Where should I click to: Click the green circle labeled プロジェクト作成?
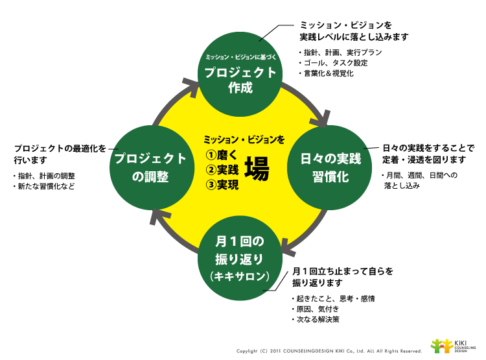(240, 72)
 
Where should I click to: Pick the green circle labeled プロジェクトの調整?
(150, 168)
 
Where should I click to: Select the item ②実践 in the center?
(222, 170)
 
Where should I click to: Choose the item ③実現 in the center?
(222, 186)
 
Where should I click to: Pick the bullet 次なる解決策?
(318, 319)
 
